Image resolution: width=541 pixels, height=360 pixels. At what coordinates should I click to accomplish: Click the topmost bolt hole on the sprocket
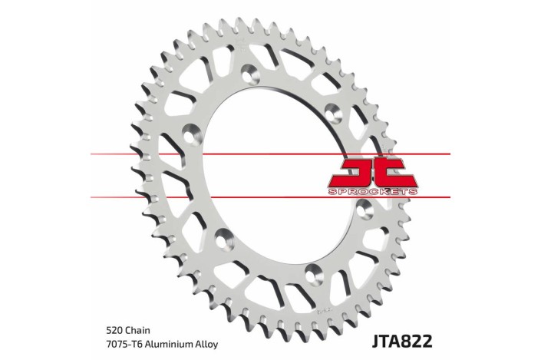tap(249, 74)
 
